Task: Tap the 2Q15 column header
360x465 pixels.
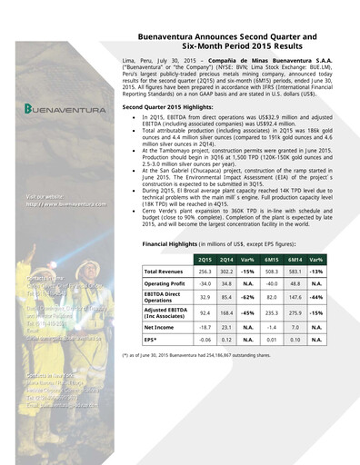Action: point(208,260)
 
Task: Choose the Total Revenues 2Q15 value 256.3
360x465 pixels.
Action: point(208,272)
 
